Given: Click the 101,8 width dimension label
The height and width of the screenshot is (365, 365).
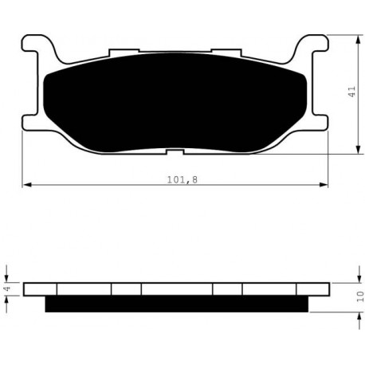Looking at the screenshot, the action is (182, 180).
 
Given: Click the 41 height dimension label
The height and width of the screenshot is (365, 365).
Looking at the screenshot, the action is (351, 92).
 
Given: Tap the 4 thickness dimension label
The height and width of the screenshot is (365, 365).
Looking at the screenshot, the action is (7, 288).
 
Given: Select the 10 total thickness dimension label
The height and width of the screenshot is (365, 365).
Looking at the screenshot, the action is (360, 296).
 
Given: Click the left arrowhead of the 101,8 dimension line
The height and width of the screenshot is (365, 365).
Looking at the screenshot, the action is (27, 185).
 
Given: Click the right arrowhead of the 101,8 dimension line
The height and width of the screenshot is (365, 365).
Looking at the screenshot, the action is (324, 185).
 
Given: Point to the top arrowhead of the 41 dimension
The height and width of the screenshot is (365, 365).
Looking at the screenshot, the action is (359, 40).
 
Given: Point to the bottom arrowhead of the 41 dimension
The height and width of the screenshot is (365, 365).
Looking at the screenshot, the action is (359, 149).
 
